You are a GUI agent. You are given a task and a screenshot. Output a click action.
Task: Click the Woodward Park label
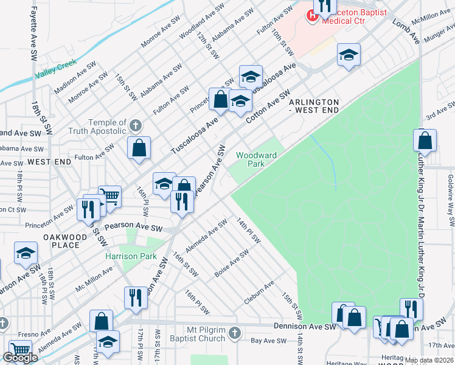click(x=256, y=159)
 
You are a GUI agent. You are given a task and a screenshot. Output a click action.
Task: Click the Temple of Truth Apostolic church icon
click(x=136, y=126)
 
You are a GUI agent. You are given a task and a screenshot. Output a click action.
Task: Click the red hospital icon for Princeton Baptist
click(x=312, y=15)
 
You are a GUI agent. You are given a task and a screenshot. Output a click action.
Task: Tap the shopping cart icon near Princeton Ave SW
click(x=109, y=196)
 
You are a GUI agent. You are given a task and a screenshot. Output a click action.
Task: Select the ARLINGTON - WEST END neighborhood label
click(x=313, y=106)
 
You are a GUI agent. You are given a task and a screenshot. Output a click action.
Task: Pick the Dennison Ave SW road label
click(x=305, y=327)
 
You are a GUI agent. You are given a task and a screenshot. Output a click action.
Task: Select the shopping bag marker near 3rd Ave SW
click(x=425, y=141)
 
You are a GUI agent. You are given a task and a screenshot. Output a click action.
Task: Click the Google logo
click(x=21, y=358)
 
